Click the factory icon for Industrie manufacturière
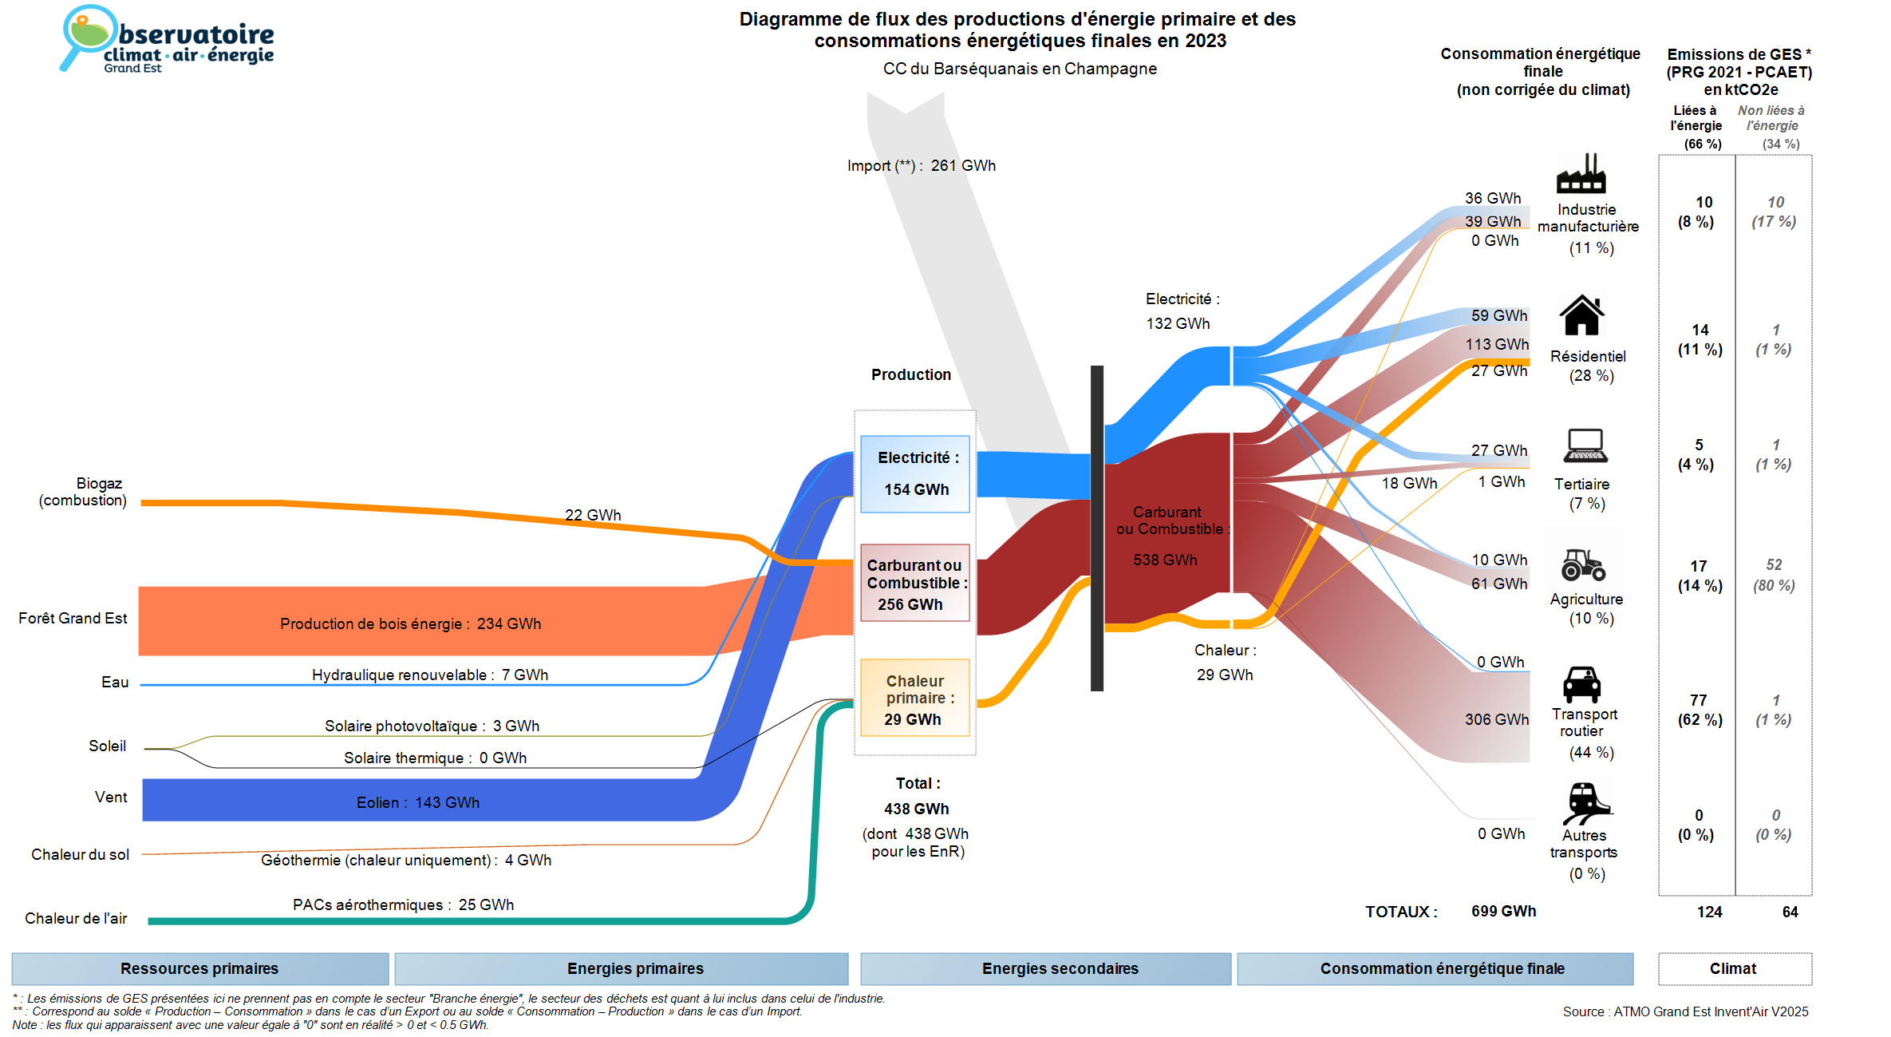coord(1581,174)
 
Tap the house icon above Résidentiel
coord(1581,315)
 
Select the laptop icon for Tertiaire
coord(1585,445)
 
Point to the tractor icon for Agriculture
coord(1583,564)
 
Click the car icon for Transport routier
coord(1581,684)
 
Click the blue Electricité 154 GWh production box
coord(915,473)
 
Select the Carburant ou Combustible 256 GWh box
coord(915,584)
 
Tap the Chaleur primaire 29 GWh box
coord(915,699)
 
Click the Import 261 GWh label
coord(921,166)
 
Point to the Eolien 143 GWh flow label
coord(417,802)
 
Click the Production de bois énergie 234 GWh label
coord(410,623)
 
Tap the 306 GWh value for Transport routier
coord(1496,719)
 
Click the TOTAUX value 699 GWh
coord(1503,911)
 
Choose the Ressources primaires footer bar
coord(199,968)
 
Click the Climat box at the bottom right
coord(1734,968)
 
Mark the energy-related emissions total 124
coord(1709,912)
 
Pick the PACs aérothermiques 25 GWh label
coord(403,904)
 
